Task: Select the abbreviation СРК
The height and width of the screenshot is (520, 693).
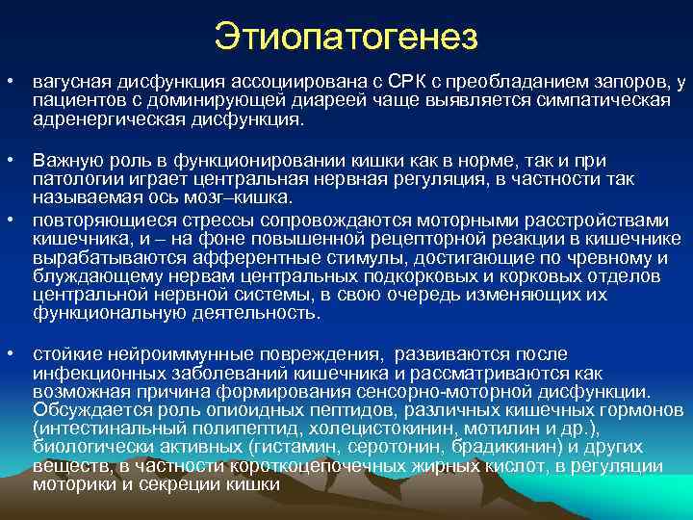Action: click(365, 84)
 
